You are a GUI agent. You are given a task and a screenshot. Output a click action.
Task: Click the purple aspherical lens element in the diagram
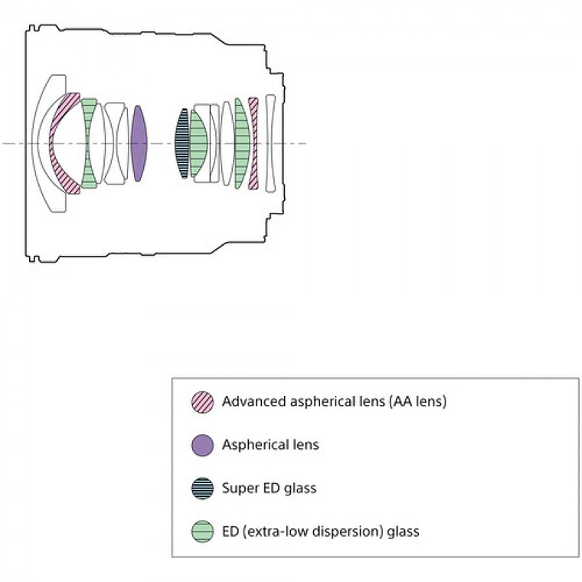(139, 143)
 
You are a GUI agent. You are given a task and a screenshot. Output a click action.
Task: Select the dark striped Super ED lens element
(182, 143)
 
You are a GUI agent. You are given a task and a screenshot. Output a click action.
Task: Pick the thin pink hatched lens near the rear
(253, 143)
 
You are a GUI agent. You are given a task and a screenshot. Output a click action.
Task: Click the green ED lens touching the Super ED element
(198, 143)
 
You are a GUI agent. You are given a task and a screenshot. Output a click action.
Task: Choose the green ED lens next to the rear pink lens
(242, 143)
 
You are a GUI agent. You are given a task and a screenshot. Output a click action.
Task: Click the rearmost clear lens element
(270, 143)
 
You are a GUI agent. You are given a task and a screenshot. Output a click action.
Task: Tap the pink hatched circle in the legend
(202, 401)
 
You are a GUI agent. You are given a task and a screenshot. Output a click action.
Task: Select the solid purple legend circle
(202, 445)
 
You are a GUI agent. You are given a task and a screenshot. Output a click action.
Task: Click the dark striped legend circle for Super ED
(202, 488)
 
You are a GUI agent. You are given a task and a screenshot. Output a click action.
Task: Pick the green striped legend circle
(202, 531)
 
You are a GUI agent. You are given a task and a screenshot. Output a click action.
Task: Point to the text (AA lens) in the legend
(418, 401)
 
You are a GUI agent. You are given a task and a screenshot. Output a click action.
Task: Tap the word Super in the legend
(240, 489)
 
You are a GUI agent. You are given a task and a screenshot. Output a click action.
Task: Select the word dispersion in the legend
(348, 532)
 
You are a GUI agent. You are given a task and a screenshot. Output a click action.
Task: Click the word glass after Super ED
(300, 489)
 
